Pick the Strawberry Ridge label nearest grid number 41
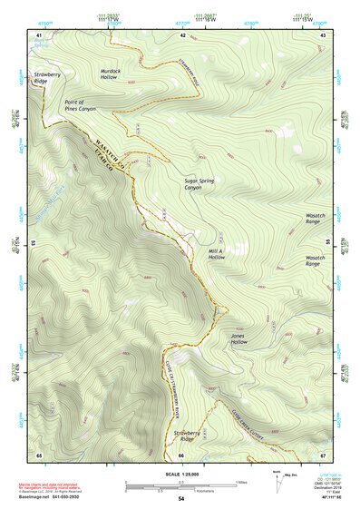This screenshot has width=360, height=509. (x=46, y=78)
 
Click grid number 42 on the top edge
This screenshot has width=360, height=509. (x=182, y=35)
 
